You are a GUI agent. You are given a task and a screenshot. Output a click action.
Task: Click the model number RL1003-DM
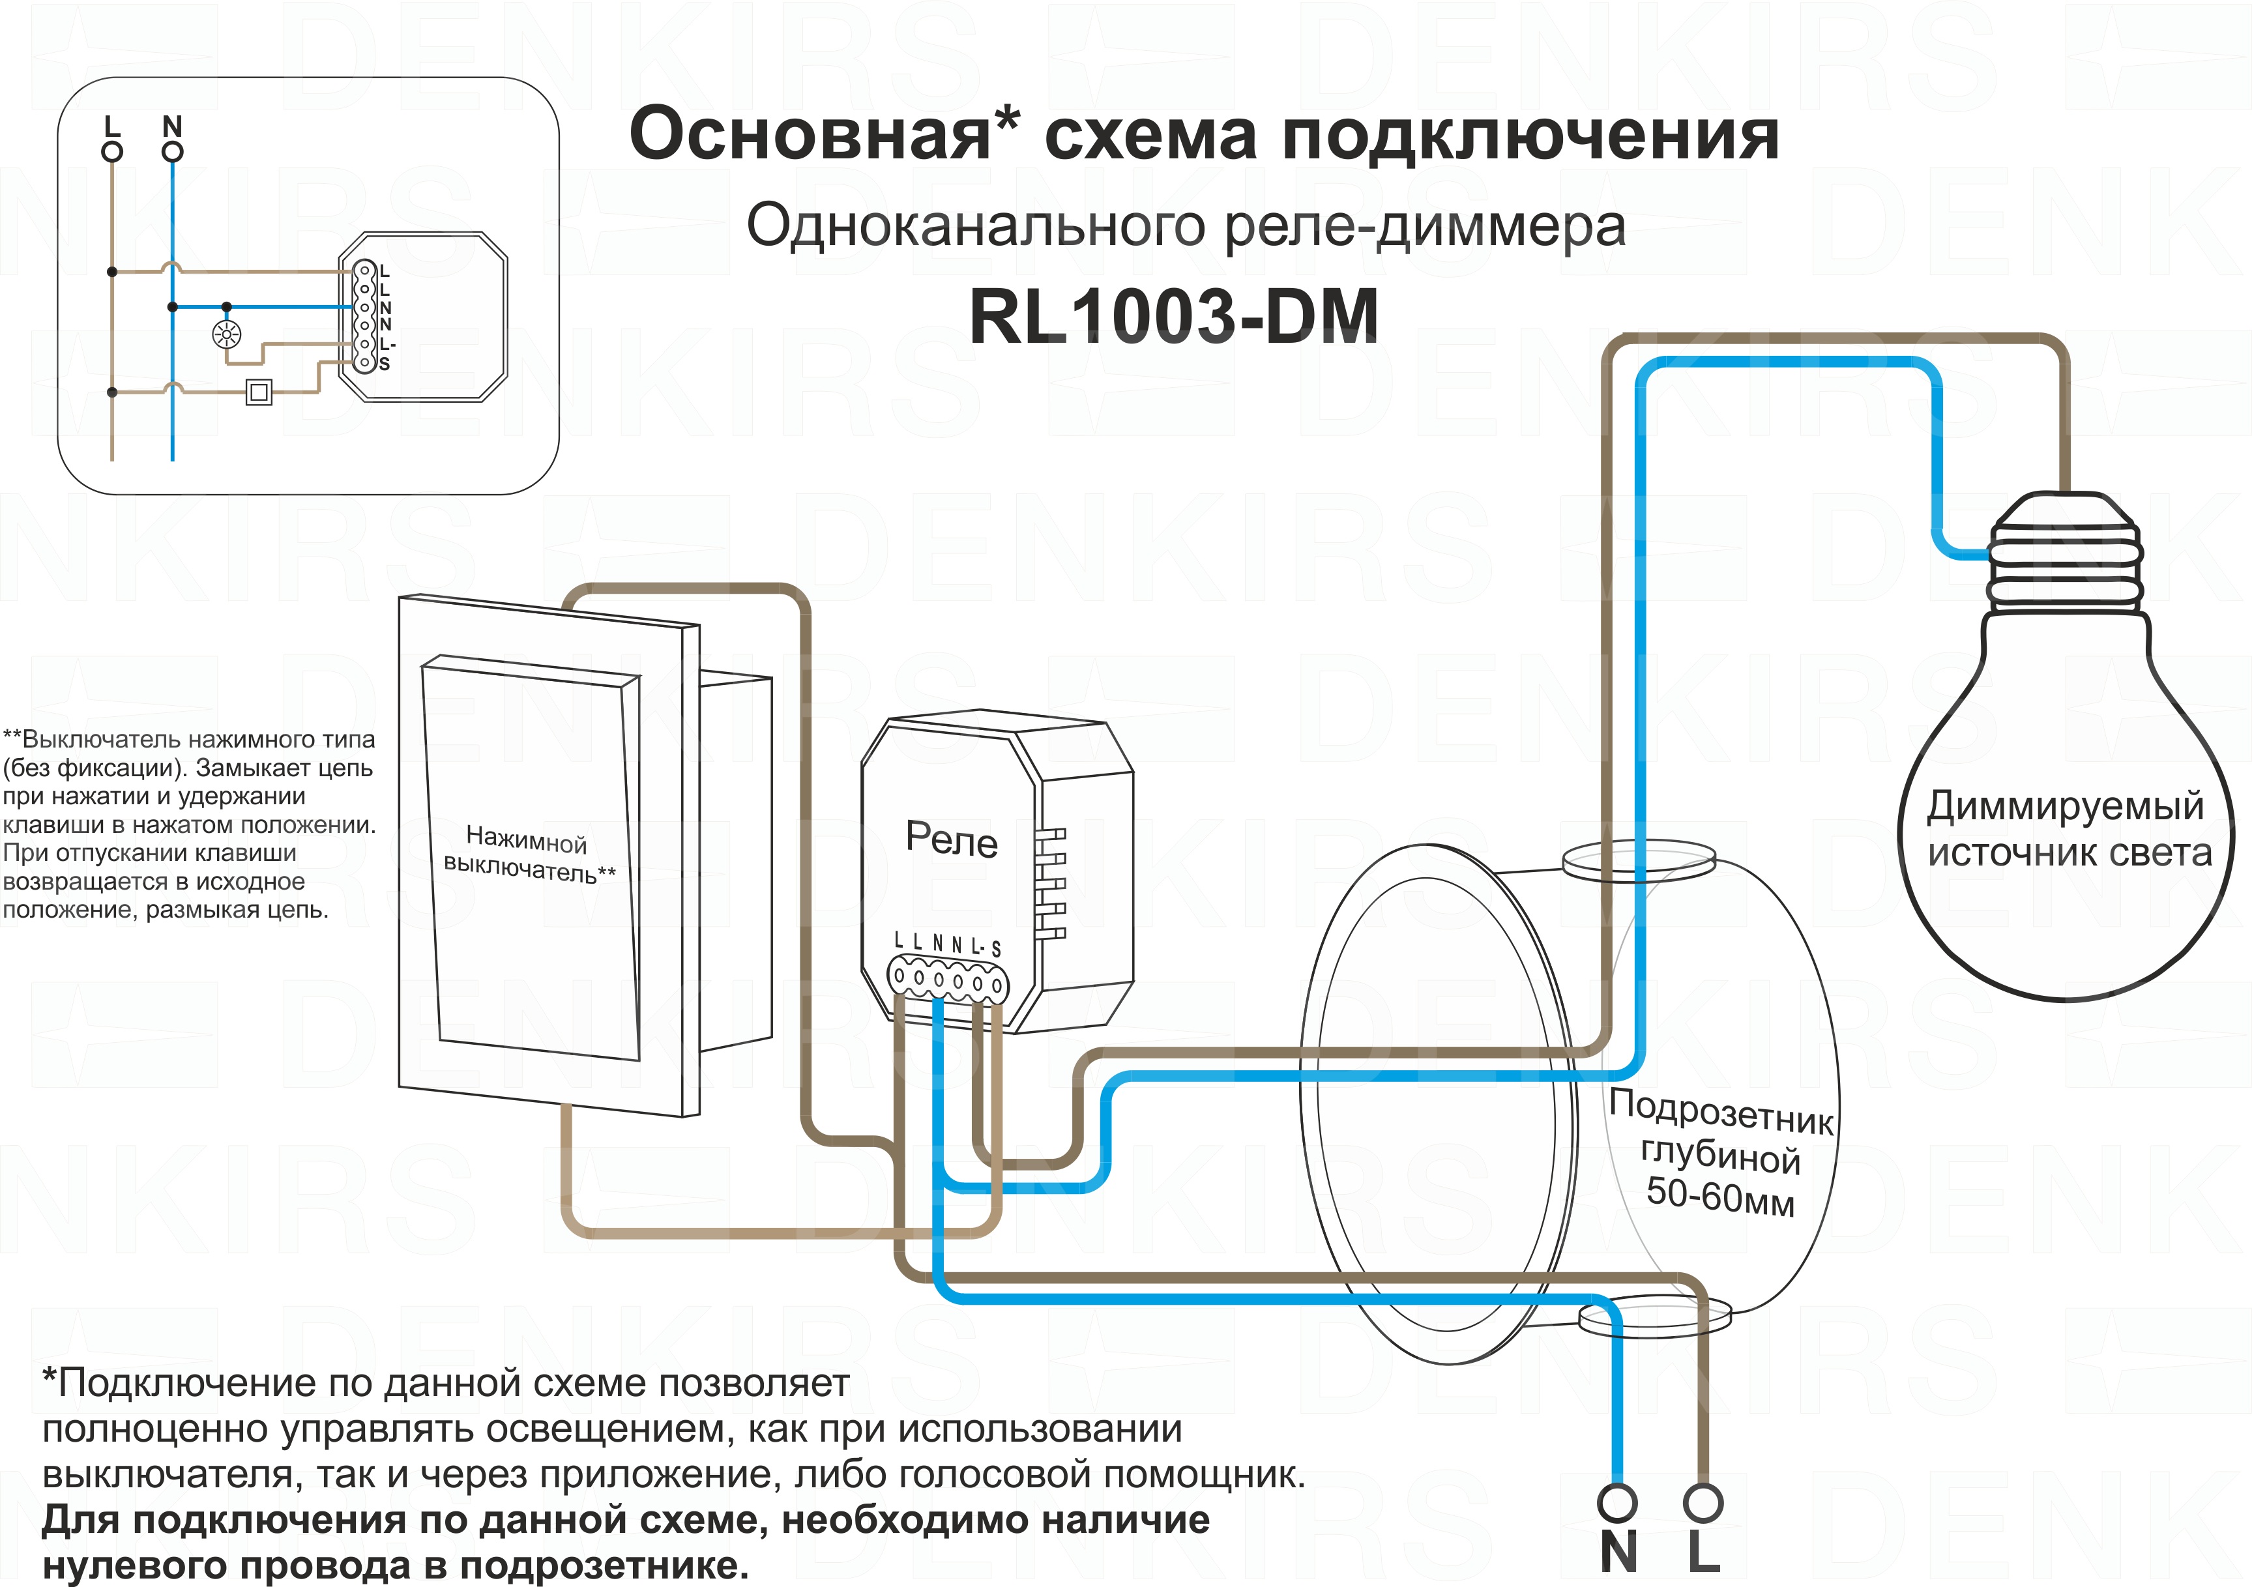tap(1174, 317)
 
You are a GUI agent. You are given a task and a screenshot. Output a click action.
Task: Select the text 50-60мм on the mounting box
tap(1719, 1198)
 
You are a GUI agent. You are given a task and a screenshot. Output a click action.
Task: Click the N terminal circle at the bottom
tap(1617, 1502)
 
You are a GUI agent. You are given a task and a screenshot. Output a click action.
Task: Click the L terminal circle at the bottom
tap(1703, 1502)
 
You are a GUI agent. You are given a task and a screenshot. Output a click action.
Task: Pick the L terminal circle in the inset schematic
tap(113, 152)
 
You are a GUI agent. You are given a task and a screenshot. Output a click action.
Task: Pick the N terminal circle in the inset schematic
tap(173, 152)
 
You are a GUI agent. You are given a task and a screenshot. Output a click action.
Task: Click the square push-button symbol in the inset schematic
tap(259, 392)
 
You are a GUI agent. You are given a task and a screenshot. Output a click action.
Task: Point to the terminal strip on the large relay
tap(946, 980)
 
